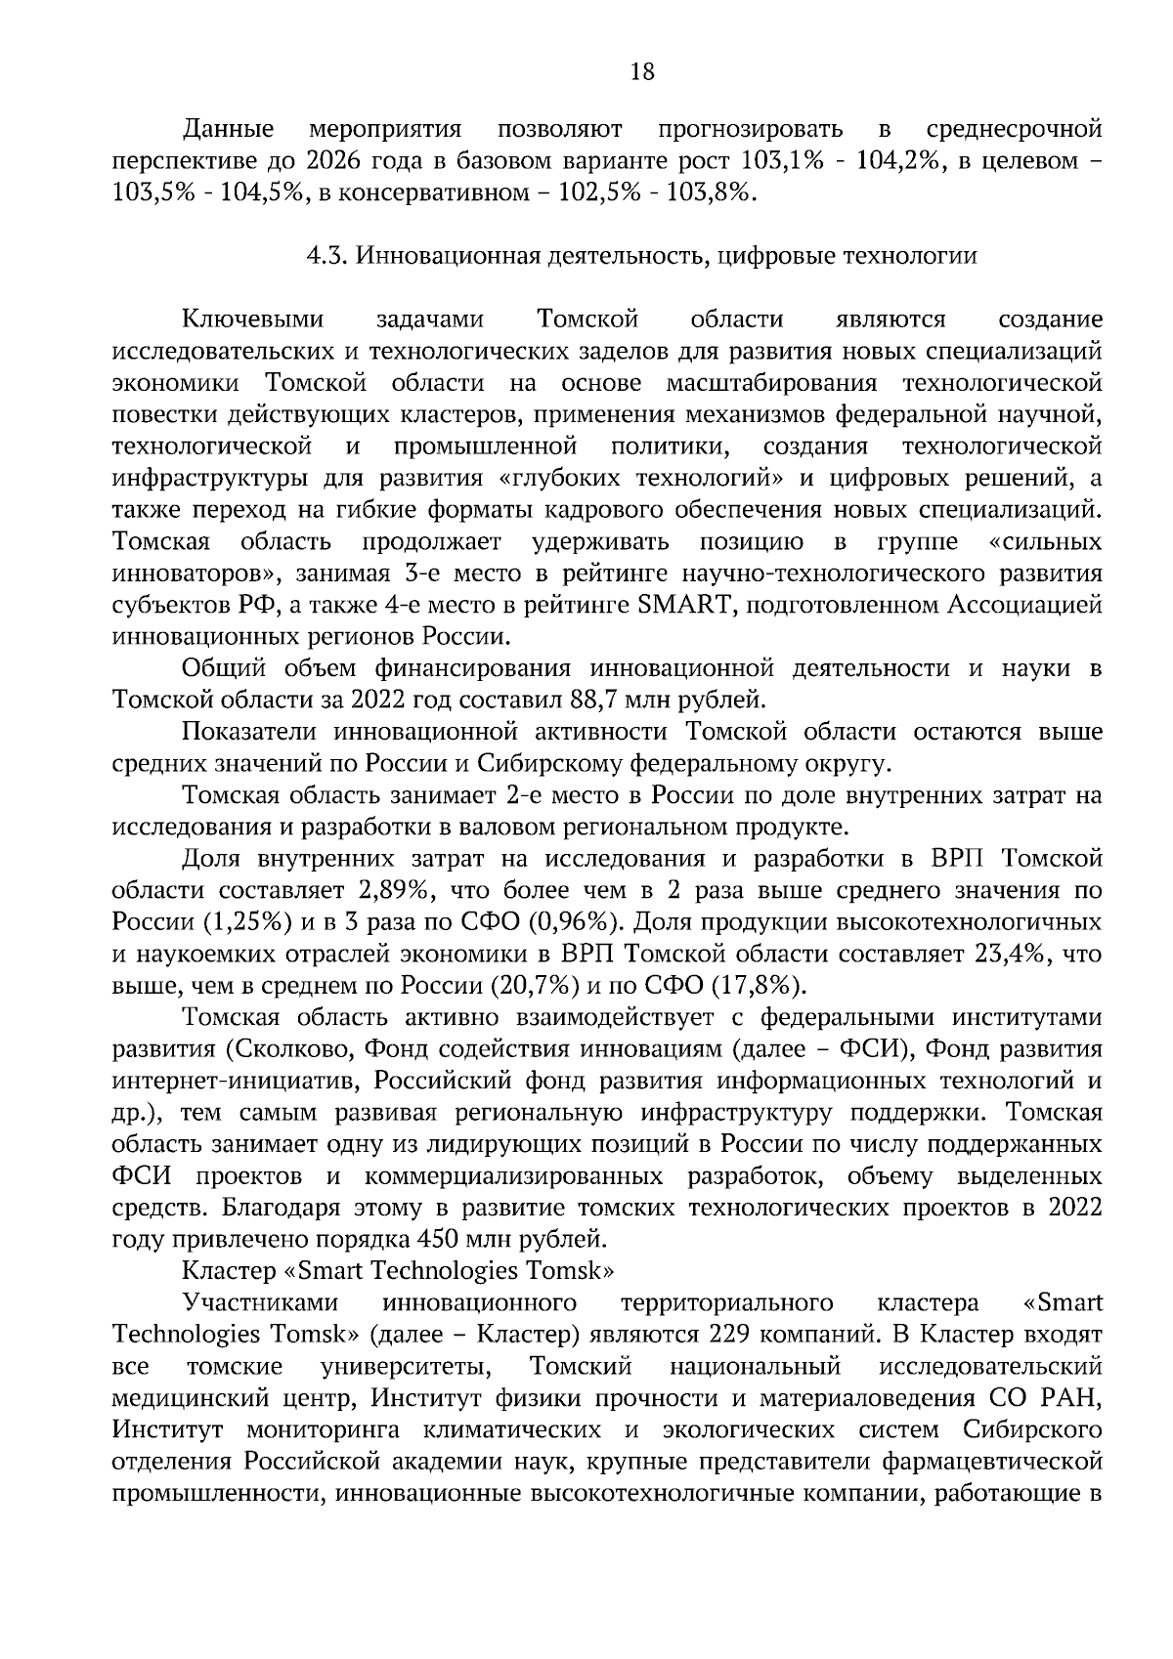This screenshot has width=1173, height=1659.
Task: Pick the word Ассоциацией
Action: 1025,606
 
